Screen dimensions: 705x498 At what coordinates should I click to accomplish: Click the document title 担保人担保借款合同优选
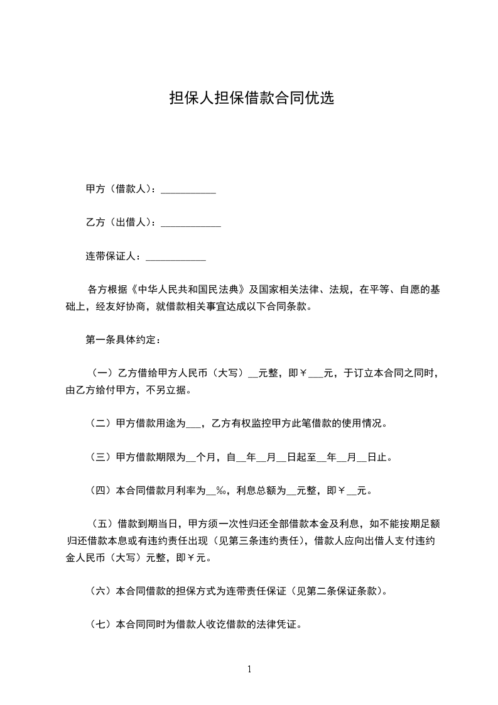pyautogui.click(x=251, y=99)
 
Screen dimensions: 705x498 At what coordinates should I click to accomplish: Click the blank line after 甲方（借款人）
pyautogui.click(x=188, y=190)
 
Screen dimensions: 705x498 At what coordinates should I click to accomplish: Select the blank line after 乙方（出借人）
pyautogui.click(x=191, y=223)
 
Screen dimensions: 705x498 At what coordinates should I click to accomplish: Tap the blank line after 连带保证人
pyautogui.click(x=176, y=256)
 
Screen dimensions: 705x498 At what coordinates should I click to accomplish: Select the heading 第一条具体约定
pyautogui.click(x=122, y=341)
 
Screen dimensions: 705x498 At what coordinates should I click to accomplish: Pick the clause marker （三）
pyautogui.click(x=101, y=457)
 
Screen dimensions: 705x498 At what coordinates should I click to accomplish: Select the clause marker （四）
pyautogui.click(x=101, y=490)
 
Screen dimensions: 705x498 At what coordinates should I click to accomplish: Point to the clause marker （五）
pyautogui.click(x=101, y=523)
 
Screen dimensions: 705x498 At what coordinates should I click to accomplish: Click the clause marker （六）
pyautogui.click(x=101, y=591)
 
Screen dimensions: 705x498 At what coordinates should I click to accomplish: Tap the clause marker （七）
pyautogui.click(x=101, y=625)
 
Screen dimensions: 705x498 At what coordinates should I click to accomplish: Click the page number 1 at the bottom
pyautogui.click(x=249, y=669)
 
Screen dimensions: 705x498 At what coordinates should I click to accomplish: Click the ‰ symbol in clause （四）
pyautogui.click(x=220, y=490)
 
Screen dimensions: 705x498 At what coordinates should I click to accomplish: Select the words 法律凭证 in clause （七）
pyautogui.click(x=283, y=625)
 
